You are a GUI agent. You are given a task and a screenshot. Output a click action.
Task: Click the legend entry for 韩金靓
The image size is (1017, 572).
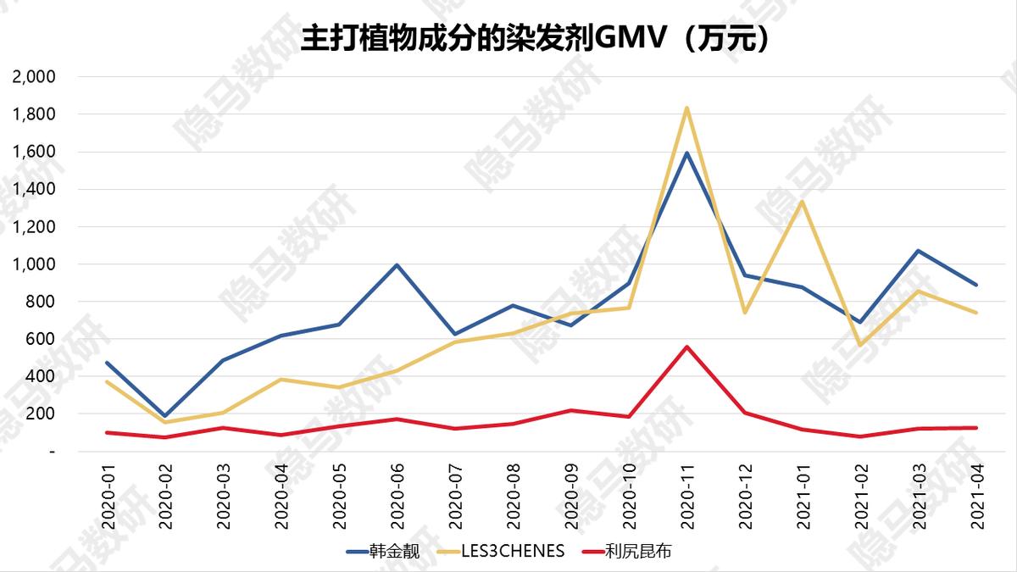click(x=395, y=551)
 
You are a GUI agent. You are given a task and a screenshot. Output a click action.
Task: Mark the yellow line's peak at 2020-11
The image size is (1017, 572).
click(x=687, y=108)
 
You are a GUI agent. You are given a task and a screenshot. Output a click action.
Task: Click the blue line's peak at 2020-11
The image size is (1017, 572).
click(x=687, y=153)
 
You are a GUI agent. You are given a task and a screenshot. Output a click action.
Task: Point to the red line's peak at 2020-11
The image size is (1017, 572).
click(x=687, y=347)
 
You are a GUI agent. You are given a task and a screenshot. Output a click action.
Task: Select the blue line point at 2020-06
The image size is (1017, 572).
click(x=397, y=265)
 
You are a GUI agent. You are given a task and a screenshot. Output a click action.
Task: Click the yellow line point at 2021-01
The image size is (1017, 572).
click(x=803, y=202)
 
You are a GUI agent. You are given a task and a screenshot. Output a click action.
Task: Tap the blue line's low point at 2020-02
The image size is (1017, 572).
click(x=165, y=417)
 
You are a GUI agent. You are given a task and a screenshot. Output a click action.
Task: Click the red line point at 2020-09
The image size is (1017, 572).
click(x=571, y=410)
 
